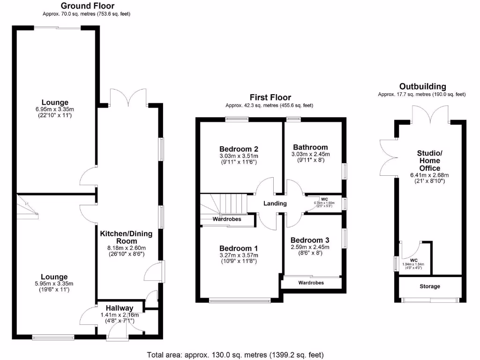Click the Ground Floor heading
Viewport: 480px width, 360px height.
point(86,6)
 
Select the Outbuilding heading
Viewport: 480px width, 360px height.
point(422,86)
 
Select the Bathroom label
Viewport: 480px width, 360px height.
point(311,147)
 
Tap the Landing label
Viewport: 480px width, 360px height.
point(275,203)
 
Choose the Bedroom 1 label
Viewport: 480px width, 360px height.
point(239,248)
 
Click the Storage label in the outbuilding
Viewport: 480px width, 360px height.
point(429,286)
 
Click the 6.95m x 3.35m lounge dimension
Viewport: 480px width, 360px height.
point(55,109)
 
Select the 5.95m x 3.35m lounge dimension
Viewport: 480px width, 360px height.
point(54,284)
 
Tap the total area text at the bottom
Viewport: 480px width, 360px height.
point(235,354)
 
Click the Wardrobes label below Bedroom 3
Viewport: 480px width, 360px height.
point(311,283)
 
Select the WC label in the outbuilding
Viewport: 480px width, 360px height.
point(413,261)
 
